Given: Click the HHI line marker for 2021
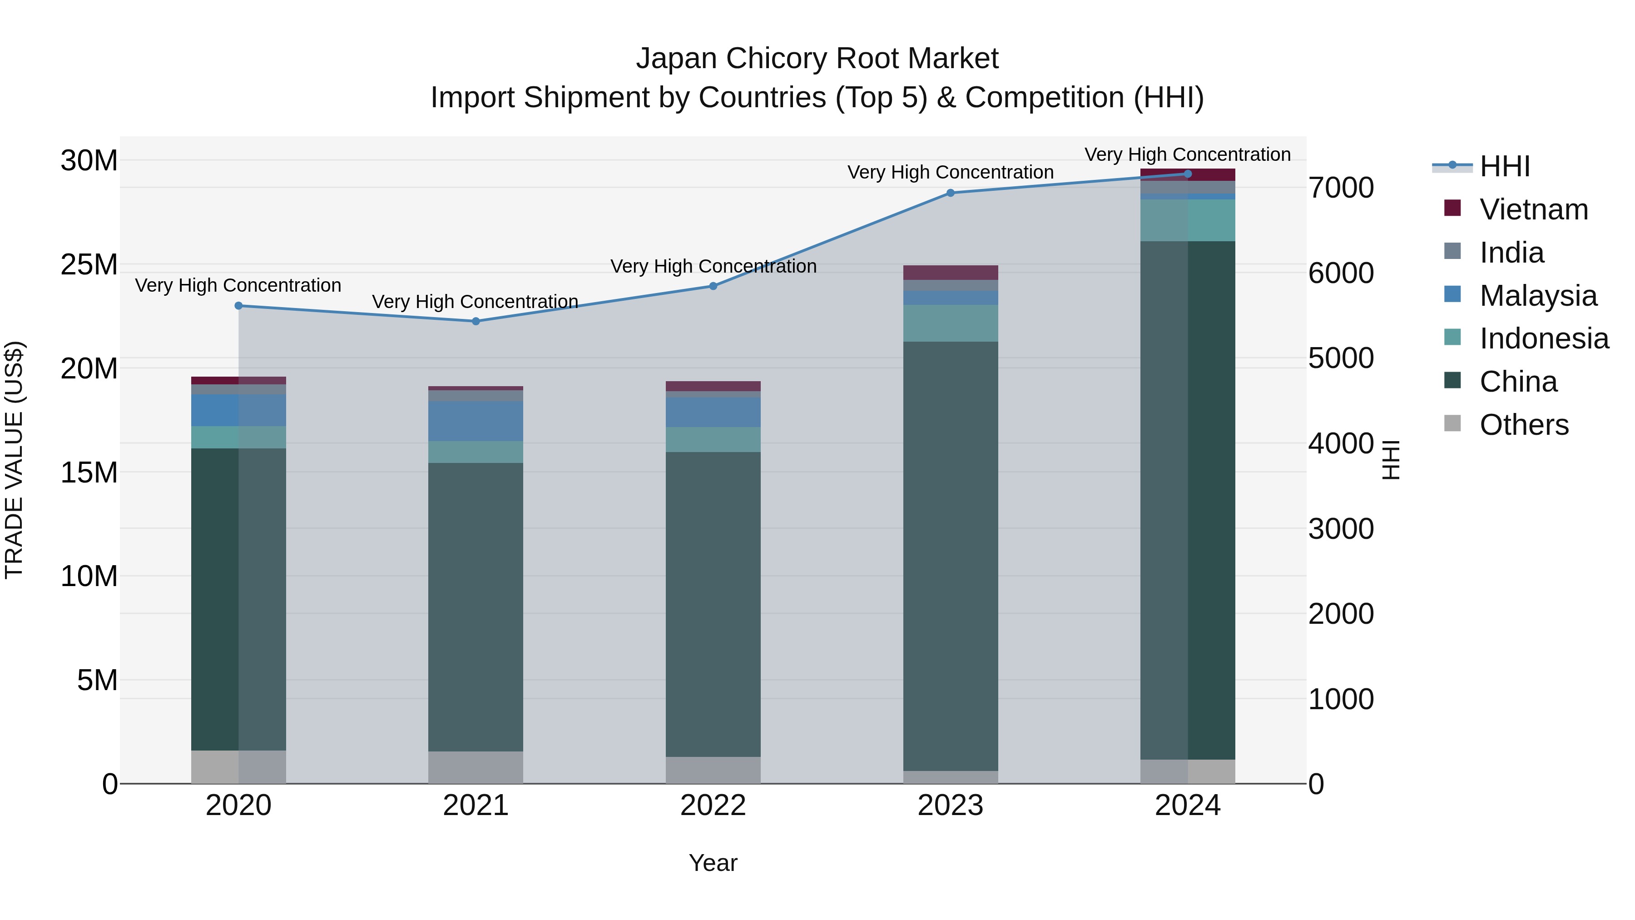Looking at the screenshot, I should [x=476, y=321].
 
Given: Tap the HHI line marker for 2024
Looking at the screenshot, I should [x=1188, y=174].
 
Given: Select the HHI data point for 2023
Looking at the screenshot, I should [x=950, y=193].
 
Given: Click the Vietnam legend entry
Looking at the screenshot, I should [x=1533, y=209].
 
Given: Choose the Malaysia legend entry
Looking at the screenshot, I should [x=1537, y=296].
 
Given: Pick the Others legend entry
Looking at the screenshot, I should [x=1523, y=425].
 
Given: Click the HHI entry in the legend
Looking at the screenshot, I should [x=1504, y=166].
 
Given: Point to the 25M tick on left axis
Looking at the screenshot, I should [x=89, y=265].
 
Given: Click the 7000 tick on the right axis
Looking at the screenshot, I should [x=1341, y=188].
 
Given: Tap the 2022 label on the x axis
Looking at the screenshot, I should [x=713, y=806].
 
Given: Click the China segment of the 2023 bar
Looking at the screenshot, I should [x=950, y=556].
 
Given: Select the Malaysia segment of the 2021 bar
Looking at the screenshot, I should [x=476, y=421].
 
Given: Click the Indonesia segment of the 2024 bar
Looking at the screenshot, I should [x=1188, y=220].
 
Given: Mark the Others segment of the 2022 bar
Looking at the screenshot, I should [x=713, y=770].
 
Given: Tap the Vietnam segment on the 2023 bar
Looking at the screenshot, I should [x=950, y=273].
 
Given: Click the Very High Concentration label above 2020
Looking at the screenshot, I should [x=238, y=286].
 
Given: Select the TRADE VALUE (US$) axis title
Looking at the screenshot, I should [x=14, y=460].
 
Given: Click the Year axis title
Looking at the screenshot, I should [x=713, y=863].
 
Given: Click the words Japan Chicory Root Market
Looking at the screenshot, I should [x=817, y=59].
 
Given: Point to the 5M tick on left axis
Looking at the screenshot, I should [x=97, y=681].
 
